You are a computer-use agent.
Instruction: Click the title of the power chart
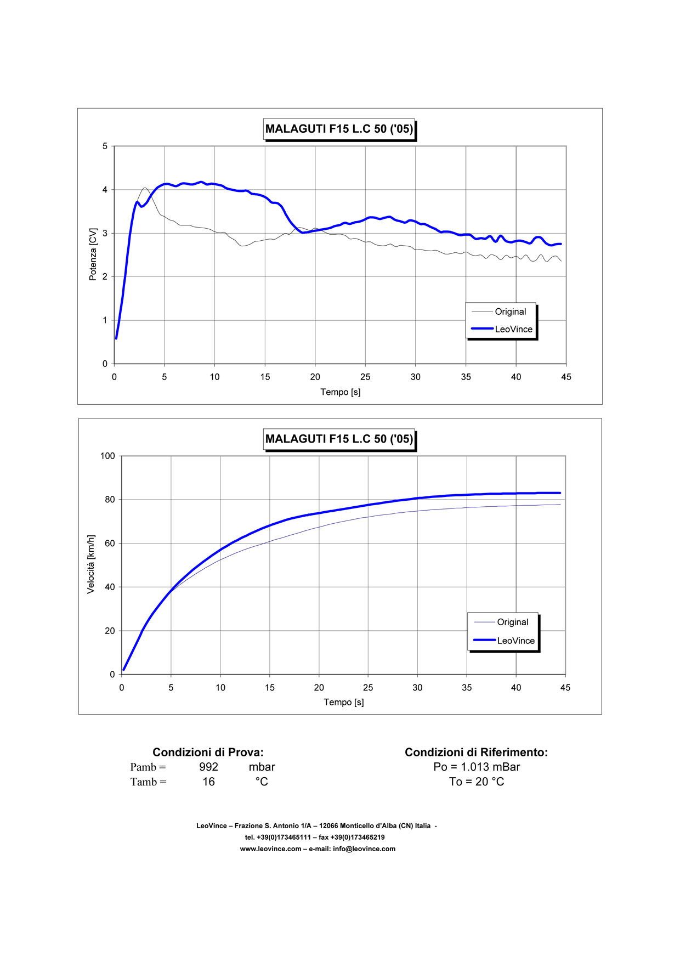click(339, 129)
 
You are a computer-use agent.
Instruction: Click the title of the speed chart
click(339, 439)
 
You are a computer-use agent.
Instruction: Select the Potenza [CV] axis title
click(93, 254)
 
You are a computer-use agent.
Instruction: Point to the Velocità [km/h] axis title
click(91, 564)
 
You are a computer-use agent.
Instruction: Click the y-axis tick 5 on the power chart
click(105, 146)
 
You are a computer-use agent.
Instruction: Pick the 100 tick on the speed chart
click(107, 456)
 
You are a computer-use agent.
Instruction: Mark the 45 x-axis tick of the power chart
click(566, 377)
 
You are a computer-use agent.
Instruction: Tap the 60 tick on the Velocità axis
click(110, 544)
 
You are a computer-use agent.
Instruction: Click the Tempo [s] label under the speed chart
click(344, 702)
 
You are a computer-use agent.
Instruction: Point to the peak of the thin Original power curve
click(145, 188)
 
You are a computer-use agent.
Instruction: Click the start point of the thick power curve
click(116, 338)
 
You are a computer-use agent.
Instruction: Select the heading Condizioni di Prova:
click(208, 752)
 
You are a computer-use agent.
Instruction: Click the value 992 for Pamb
click(208, 767)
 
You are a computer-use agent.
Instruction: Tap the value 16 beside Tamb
click(208, 782)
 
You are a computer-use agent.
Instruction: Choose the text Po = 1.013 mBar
click(477, 767)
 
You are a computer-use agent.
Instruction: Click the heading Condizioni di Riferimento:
click(476, 752)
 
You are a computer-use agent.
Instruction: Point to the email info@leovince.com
click(364, 849)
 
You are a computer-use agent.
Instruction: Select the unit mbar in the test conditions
click(262, 767)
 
